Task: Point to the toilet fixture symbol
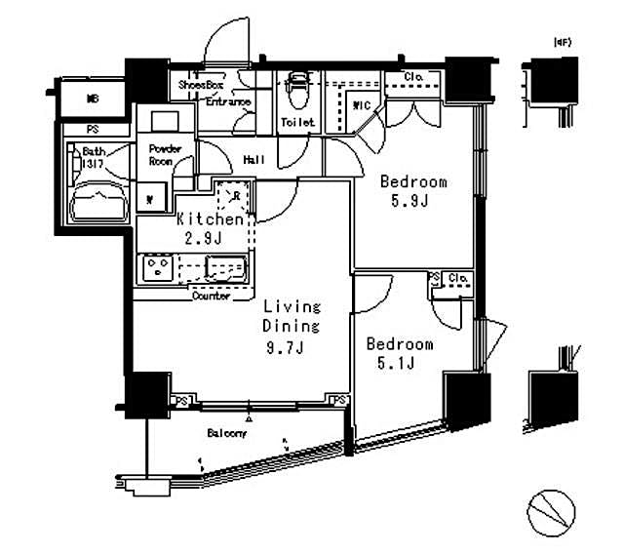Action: click(297, 93)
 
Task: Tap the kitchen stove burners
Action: click(157, 267)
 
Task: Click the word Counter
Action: click(212, 296)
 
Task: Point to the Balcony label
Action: click(227, 432)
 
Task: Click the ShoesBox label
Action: click(200, 85)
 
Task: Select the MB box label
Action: click(93, 98)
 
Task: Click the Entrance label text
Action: click(228, 101)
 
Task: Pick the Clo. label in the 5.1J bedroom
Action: click(457, 279)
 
